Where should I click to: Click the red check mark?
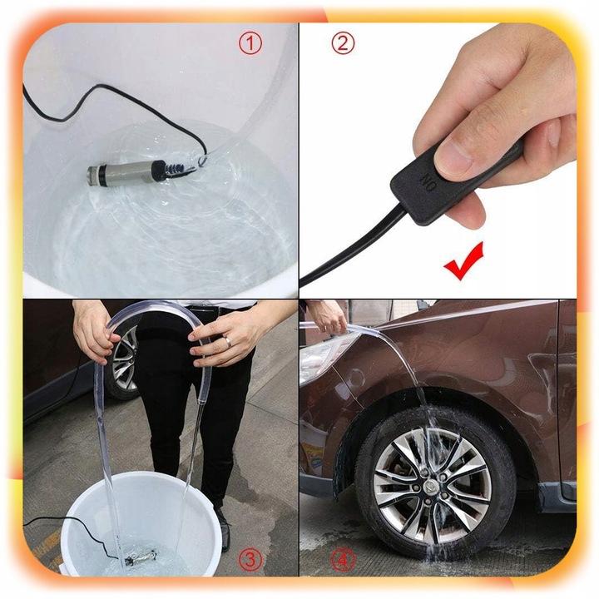[465, 261]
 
